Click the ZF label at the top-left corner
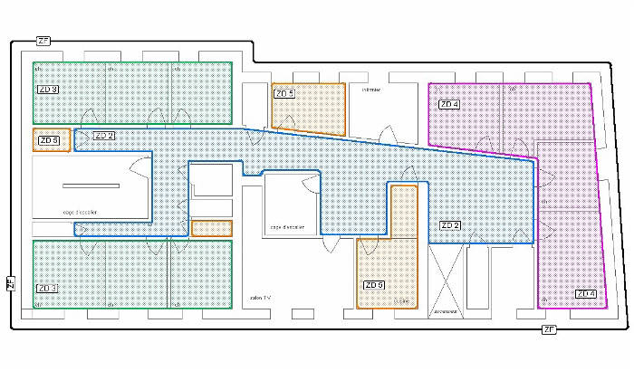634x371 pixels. point(43,41)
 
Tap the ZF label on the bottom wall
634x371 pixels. point(548,330)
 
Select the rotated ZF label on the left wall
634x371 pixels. point(10,283)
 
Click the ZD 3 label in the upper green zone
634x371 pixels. point(48,90)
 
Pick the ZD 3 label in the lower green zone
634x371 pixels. point(48,289)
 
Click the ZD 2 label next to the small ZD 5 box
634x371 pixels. point(103,136)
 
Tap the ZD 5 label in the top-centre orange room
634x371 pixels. point(284,93)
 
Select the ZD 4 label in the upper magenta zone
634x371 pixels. point(448,105)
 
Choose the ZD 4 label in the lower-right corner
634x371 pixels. point(585,293)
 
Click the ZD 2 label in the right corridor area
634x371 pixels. point(450,224)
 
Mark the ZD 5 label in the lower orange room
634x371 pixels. point(374,285)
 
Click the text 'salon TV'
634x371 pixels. point(260,297)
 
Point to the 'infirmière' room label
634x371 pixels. point(371,90)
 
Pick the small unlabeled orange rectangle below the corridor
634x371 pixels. point(212,228)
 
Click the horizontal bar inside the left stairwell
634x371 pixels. point(91,185)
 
